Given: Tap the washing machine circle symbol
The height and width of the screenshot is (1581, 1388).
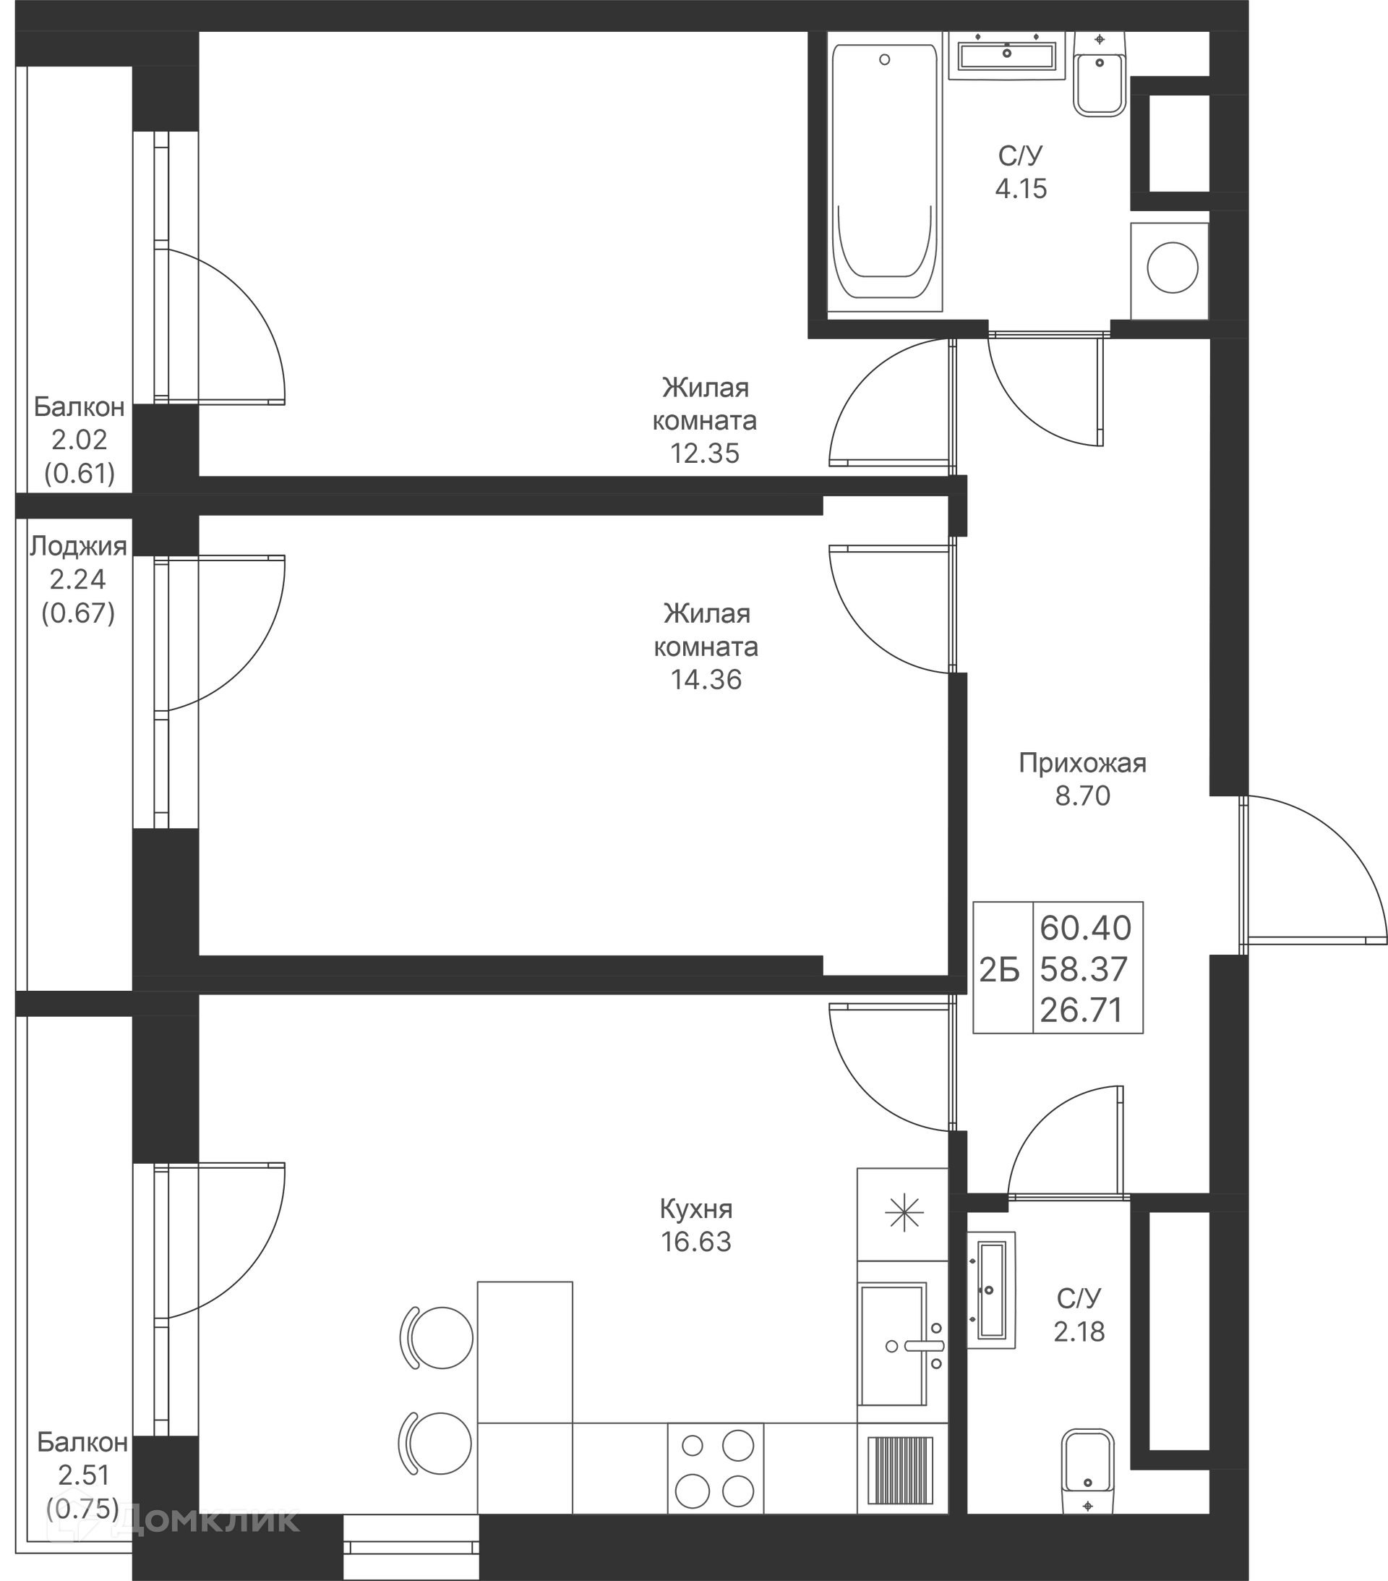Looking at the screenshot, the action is (1173, 268).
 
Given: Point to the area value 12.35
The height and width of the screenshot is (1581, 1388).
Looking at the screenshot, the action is (704, 453).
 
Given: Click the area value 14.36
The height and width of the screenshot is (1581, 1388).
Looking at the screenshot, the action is (706, 679).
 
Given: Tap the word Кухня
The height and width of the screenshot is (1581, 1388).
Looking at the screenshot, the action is (696, 1209).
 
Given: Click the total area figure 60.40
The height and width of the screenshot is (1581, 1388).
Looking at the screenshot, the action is (1086, 927).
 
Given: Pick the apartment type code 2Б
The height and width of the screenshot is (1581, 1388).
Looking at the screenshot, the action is (999, 970).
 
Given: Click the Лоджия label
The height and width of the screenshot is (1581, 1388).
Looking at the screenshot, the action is (78, 547).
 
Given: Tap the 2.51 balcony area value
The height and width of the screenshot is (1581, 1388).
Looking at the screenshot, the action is (84, 1475).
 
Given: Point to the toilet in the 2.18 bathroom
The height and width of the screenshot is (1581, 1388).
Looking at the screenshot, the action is (1088, 1470).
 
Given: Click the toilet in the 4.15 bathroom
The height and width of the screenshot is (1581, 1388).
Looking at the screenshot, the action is (1100, 75).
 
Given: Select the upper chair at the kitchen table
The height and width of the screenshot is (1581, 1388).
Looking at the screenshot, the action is (437, 1337).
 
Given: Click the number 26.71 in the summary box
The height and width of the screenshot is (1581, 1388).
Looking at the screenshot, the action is (1081, 1010).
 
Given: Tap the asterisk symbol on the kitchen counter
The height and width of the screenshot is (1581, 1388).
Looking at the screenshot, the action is (904, 1213).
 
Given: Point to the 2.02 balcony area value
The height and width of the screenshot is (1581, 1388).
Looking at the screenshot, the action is (79, 439).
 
